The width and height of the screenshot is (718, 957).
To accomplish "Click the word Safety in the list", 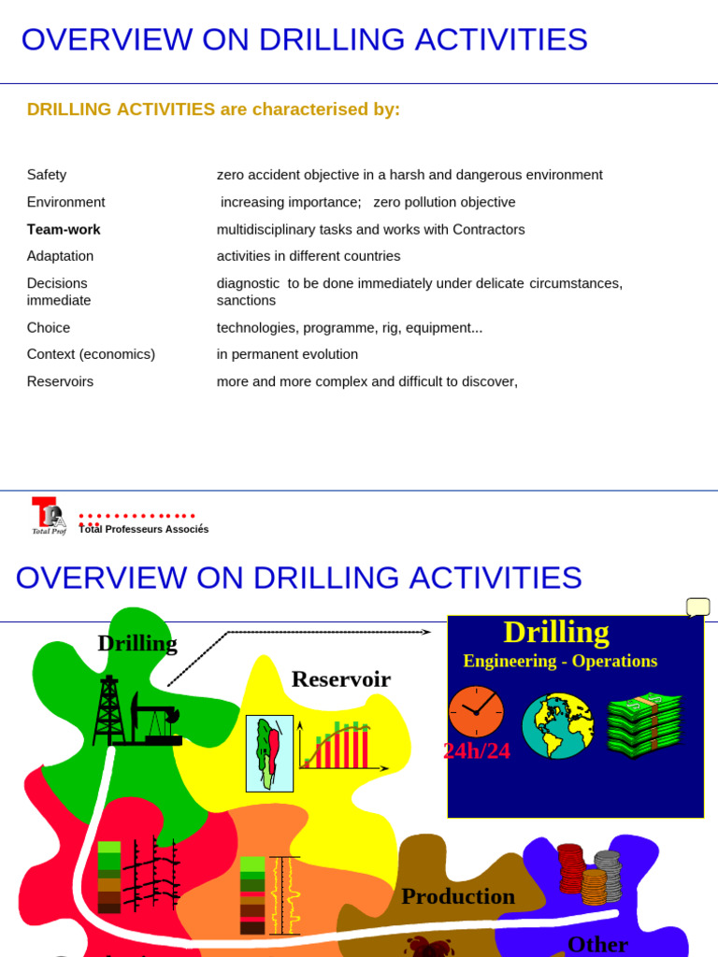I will point(47,175).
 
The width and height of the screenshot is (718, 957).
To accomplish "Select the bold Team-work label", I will point(64,230).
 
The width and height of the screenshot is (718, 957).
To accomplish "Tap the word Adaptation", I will point(60,256).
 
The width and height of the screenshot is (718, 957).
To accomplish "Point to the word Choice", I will point(49,328).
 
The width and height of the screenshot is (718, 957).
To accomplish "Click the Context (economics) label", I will point(91,354).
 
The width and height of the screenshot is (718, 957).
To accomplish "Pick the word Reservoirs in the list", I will point(60,381).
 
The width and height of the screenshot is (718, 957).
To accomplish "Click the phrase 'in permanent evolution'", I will point(287,354).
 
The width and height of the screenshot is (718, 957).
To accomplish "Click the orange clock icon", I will point(476,712).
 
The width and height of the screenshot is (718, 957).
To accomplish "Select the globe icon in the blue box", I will point(557,725).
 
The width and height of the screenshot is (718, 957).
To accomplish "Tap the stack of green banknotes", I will point(644,723).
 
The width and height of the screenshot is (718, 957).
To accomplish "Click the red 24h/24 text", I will point(477,751).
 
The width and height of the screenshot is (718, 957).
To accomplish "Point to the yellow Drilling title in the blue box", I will point(556,633).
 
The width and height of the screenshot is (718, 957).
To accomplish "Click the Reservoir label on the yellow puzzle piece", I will point(340,679).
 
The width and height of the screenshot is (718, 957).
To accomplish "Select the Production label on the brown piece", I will point(458,896).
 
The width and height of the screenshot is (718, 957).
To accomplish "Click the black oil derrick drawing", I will point(110,710).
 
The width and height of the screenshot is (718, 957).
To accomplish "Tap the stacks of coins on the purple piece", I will point(589,874).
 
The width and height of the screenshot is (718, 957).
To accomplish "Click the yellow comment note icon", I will point(697,607).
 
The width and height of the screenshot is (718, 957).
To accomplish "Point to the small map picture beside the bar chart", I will point(269,753).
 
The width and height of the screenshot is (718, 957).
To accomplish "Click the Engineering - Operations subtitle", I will point(560,661).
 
